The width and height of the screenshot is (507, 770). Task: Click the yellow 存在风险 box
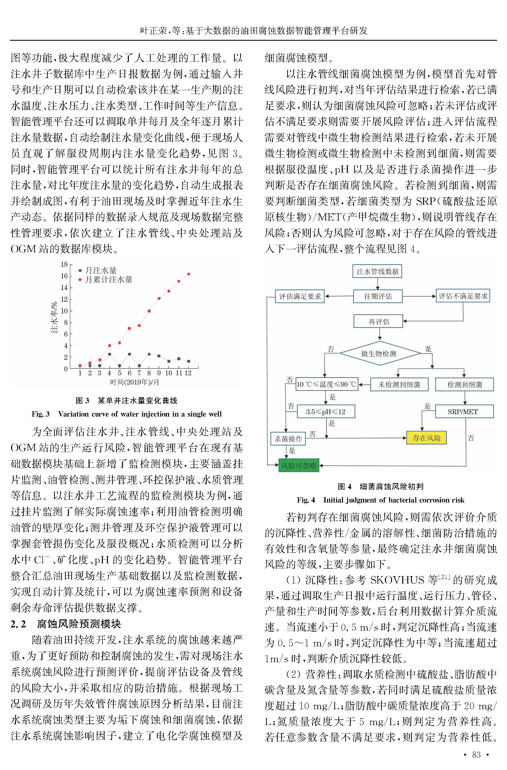(426, 438)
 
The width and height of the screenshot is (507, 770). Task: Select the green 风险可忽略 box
(298, 466)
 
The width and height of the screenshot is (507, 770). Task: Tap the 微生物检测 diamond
(379, 353)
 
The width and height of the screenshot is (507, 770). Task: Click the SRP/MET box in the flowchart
(464, 411)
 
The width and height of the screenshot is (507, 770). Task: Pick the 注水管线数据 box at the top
(377, 271)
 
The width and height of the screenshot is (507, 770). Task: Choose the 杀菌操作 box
(288, 439)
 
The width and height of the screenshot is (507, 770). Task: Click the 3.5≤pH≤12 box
(326, 411)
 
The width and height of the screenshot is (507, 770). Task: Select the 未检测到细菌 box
(399, 384)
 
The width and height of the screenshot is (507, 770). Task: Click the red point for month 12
(188, 274)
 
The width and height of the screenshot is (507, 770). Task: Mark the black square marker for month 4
(110, 354)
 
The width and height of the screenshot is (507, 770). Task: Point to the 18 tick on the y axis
(64, 265)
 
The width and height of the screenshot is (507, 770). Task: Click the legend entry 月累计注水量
(108, 280)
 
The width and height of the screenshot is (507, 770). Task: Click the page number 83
(476, 754)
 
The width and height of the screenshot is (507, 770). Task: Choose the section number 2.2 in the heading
(18, 624)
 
